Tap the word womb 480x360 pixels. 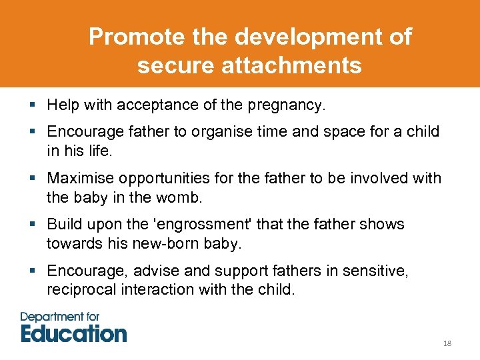click(180, 198)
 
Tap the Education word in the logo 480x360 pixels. click(73, 333)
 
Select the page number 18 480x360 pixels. click(447, 343)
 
